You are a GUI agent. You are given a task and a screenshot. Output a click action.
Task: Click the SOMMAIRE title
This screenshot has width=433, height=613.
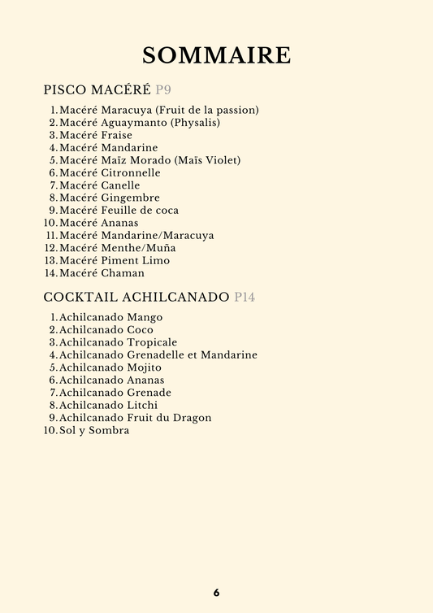coord(216,55)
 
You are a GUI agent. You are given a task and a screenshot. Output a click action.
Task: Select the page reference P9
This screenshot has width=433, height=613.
coord(163,89)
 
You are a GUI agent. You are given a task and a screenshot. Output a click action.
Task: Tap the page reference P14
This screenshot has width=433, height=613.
coord(245,298)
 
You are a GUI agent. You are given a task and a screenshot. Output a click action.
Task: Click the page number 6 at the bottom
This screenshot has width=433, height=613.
coord(216,593)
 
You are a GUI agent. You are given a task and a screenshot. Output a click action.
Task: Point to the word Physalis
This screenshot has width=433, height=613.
coord(195,123)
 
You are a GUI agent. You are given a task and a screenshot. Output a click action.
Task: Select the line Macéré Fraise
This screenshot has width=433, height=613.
coord(96,135)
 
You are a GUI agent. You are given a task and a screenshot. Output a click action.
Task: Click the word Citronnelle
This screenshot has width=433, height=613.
coord(131,173)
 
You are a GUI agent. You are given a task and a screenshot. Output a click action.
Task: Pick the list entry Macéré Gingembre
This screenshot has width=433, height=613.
coord(110,198)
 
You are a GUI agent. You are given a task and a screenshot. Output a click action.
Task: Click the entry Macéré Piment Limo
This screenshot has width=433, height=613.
coord(115,261)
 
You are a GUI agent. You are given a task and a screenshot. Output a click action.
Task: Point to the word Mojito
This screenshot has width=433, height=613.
coord(145,367)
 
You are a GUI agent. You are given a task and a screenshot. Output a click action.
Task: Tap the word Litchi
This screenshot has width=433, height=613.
coord(143,405)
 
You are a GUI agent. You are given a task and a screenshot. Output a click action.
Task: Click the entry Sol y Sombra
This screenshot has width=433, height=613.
coord(94,430)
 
